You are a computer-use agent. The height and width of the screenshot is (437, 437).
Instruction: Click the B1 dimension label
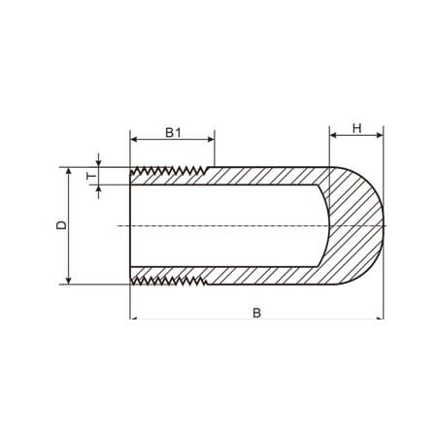point(173,132)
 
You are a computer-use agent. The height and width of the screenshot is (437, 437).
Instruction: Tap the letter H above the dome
point(356,128)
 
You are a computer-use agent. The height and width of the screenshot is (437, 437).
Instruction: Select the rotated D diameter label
point(61,225)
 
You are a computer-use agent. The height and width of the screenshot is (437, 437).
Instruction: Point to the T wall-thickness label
point(92,176)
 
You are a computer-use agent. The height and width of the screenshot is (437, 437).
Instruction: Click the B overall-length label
point(256,313)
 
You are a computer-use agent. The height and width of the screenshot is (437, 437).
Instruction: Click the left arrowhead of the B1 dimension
point(134,140)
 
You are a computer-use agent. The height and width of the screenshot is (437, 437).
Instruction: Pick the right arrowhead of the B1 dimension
point(211,140)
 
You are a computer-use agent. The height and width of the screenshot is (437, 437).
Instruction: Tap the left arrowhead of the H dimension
point(333,135)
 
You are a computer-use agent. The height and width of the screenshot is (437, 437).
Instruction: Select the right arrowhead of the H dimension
point(380,135)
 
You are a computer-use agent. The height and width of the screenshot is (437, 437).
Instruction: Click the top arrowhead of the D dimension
point(68,171)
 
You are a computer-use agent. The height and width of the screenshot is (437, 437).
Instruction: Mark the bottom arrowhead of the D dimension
point(68,281)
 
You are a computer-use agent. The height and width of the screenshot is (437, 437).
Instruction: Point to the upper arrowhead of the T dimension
point(99,163)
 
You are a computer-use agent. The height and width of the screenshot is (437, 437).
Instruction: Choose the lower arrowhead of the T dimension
point(99,188)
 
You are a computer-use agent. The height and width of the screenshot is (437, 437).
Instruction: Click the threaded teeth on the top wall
point(169,171)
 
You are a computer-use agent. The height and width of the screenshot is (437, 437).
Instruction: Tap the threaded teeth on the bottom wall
point(169,281)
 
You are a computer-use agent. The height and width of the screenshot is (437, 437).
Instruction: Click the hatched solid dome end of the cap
point(357,225)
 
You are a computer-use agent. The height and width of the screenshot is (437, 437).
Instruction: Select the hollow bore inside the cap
point(226,225)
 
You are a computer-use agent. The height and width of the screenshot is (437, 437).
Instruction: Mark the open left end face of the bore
point(130,225)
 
